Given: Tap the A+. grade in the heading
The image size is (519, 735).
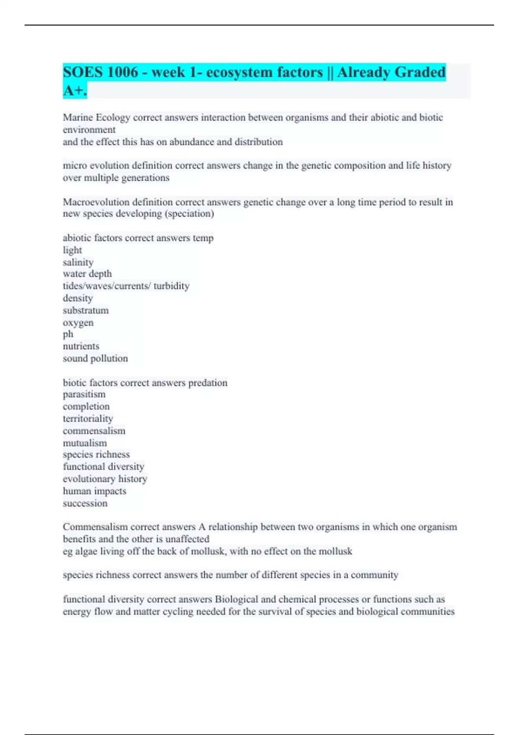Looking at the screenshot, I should (x=75, y=91).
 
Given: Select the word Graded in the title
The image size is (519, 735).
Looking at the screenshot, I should (x=420, y=72).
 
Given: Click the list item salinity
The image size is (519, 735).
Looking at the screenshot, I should (x=78, y=262).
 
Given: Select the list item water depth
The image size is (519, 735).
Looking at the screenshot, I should (x=87, y=274).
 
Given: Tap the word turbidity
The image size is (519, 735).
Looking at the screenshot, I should (x=171, y=286).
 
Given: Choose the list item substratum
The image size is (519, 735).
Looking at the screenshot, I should (x=86, y=310).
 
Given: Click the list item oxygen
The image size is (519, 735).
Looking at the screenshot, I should (x=78, y=323).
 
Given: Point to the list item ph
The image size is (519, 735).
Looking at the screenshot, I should (x=68, y=334).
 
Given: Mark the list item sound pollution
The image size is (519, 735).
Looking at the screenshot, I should (x=95, y=358).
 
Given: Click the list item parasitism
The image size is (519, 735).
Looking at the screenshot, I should (x=84, y=394).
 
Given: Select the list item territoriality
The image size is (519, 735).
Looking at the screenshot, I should (x=88, y=419).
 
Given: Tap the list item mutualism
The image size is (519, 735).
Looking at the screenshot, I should (x=85, y=443).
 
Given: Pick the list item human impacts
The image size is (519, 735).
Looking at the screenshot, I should (x=94, y=491).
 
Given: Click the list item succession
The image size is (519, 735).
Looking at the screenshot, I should (x=85, y=503).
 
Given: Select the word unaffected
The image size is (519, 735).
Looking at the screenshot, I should (x=187, y=539).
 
